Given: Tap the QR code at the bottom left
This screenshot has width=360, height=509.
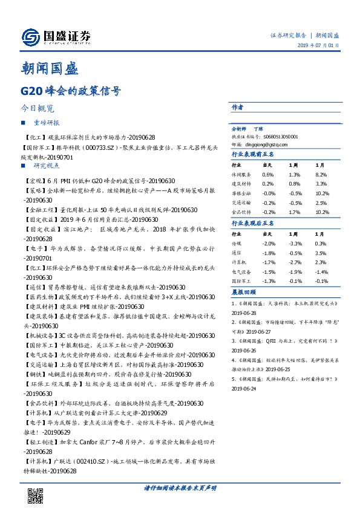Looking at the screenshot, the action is [35, 495].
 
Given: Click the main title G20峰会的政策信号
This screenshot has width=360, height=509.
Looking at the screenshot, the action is [70, 92].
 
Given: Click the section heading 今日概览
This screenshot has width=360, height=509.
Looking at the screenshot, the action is [38, 109].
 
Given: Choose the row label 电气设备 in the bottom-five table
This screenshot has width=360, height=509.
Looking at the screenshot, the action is [241, 273].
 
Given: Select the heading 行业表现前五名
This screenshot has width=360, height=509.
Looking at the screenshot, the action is [252, 155].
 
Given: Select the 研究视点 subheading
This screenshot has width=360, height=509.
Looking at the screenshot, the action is [47, 166].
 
